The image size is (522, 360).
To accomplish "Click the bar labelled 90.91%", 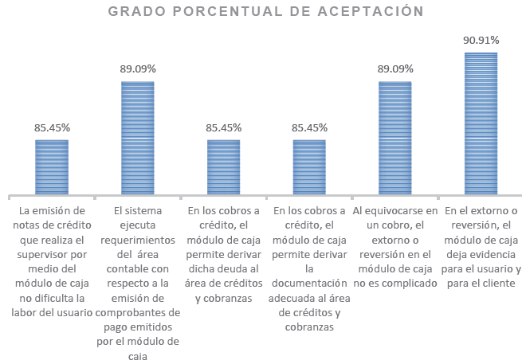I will [481, 123].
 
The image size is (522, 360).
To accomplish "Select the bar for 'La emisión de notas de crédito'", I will [52, 167].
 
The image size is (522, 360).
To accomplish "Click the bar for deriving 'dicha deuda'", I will [223, 167].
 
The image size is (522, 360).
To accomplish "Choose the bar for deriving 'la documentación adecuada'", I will [309, 167].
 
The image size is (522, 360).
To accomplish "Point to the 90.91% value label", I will [481, 39].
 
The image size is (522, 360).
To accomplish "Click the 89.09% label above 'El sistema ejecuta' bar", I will [138, 68].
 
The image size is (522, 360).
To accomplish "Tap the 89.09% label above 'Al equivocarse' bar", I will [394, 68].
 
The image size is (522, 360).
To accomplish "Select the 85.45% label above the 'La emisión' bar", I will [52, 127].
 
